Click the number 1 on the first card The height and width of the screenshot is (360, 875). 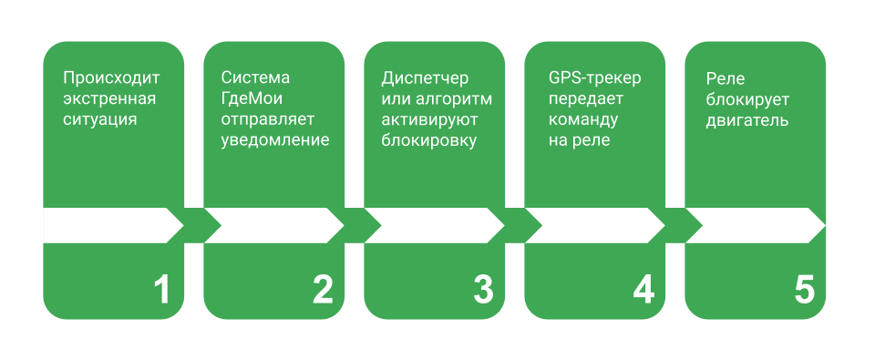tap(161, 290)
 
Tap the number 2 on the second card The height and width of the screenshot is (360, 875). tap(323, 290)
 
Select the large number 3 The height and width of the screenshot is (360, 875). tap(483, 290)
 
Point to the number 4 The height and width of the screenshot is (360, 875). tap(643, 290)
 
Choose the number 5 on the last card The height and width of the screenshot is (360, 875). tap(804, 290)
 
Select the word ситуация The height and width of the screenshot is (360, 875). tap(100, 119)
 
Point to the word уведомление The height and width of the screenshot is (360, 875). tap(275, 140)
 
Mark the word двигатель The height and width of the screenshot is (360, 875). tap(746, 119)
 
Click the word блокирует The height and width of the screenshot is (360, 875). tap(747, 98)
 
